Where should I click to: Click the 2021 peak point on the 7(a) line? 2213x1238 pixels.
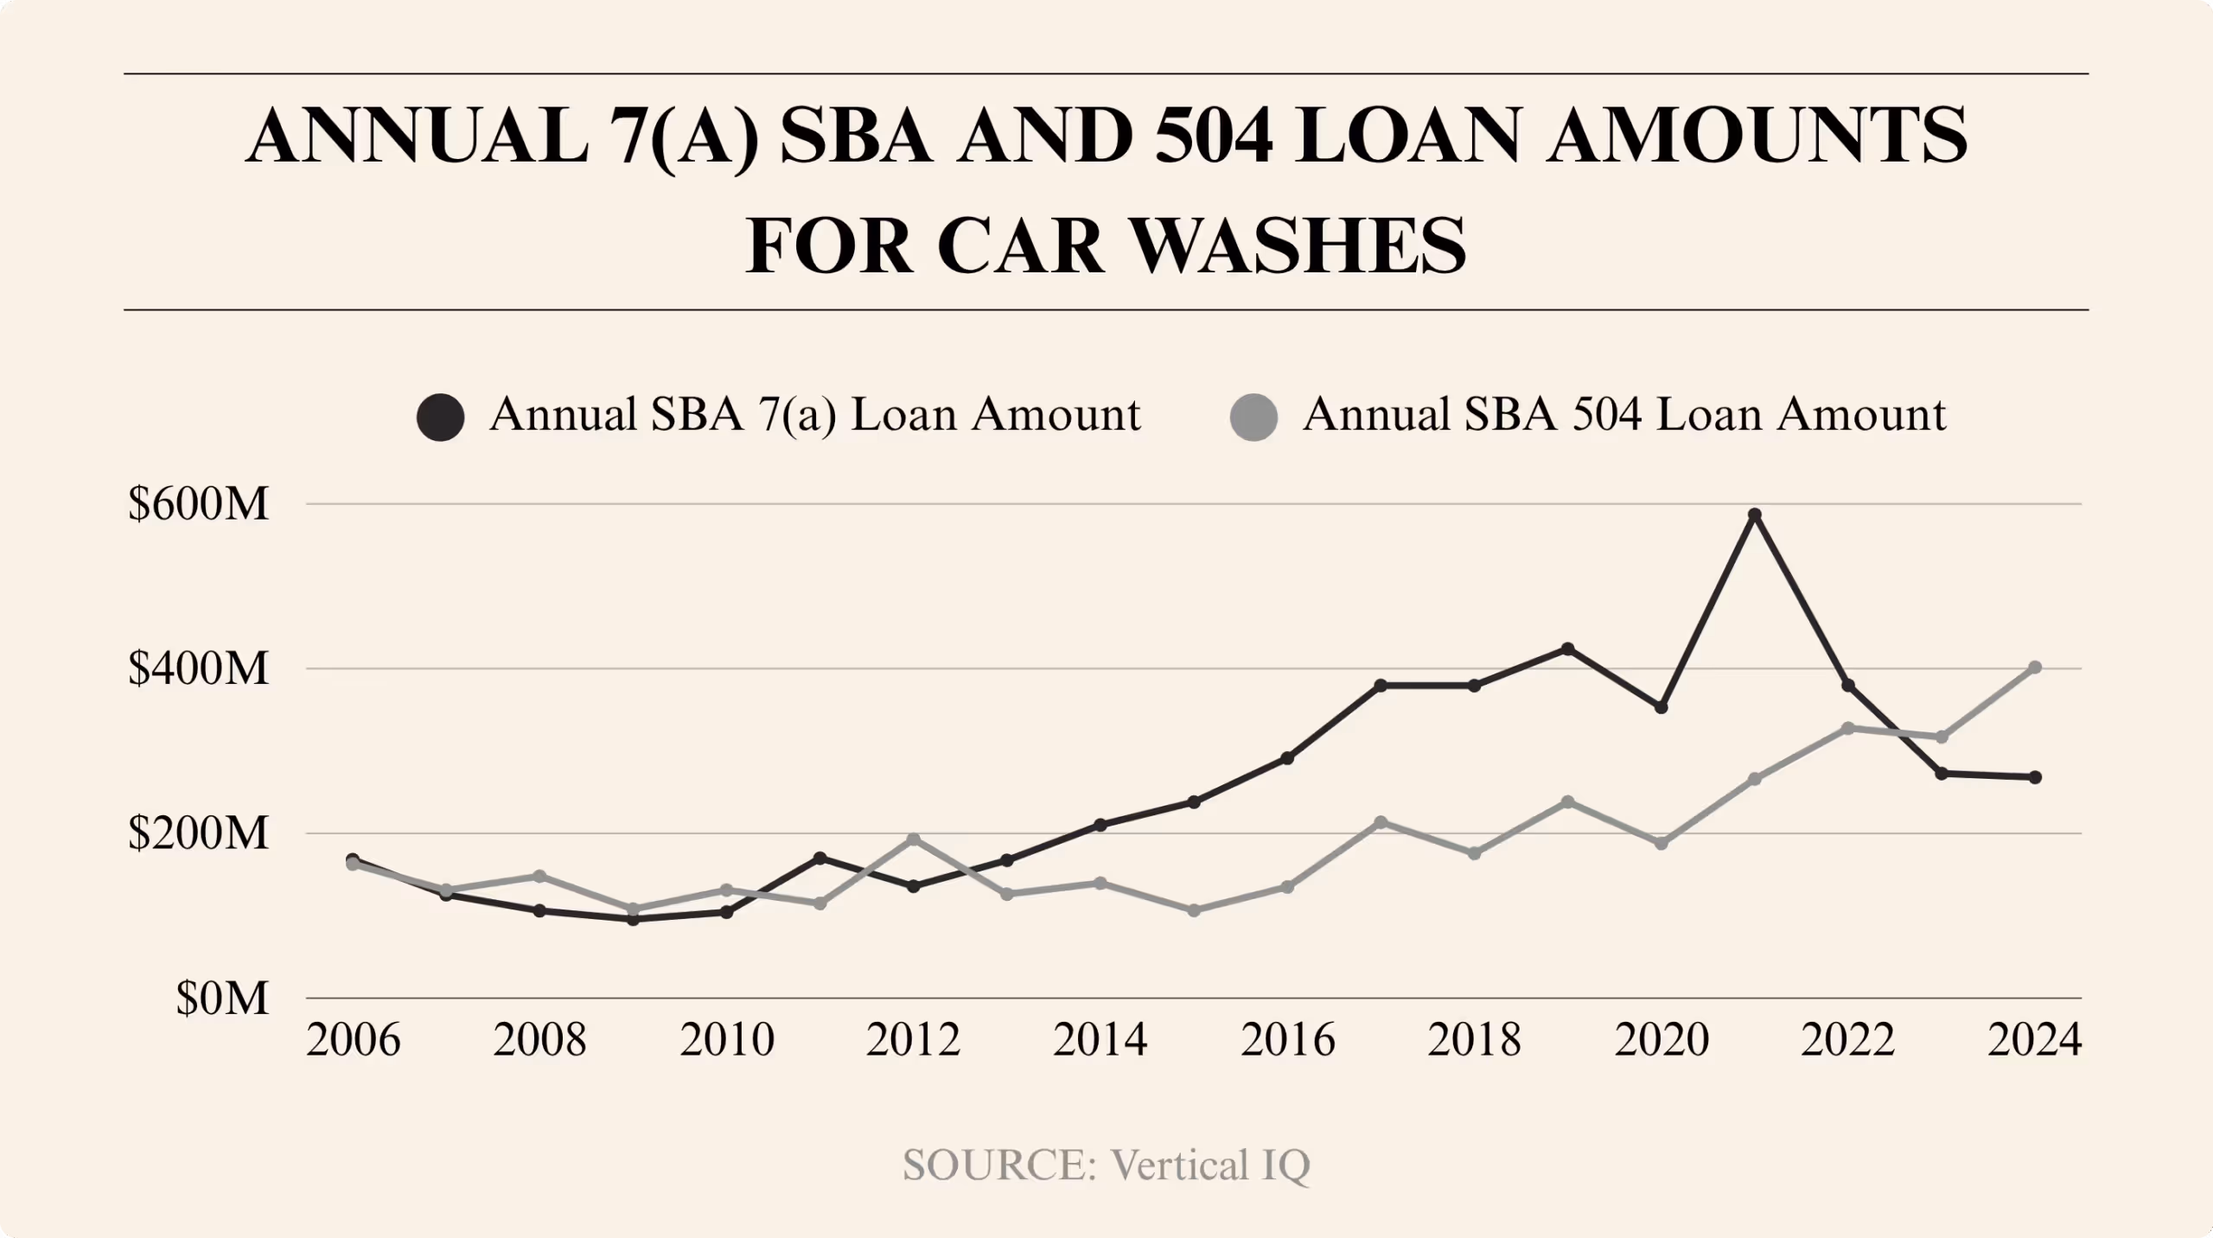(1755, 515)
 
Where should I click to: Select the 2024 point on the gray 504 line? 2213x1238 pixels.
(2035, 667)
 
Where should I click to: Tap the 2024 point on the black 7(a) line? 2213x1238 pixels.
(2035, 777)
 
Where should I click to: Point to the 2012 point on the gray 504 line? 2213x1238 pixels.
(914, 839)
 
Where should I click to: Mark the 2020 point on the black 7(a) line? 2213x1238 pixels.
(1661, 707)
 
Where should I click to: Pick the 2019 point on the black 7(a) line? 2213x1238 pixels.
(1567, 648)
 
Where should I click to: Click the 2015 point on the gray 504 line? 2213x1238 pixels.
(1194, 910)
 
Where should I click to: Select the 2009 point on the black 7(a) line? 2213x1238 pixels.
(633, 919)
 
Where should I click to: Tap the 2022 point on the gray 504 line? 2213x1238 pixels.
(1848, 728)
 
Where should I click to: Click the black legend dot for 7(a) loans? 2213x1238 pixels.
(441, 418)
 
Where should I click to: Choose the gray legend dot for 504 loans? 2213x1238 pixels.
(1253, 418)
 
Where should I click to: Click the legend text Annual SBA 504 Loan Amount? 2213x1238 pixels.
(1624, 415)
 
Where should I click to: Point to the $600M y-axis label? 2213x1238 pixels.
(199, 504)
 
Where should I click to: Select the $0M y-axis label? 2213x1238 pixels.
(222, 999)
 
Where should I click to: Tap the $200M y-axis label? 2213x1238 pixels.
(199, 834)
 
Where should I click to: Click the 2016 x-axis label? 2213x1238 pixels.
(1287, 1040)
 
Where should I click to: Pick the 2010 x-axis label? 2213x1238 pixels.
(727, 1040)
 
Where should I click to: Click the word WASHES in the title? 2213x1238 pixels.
(1299, 246)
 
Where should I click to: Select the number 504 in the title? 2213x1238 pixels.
(1213, 137)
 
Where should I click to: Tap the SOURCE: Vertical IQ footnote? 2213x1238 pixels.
(1106, 1165)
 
